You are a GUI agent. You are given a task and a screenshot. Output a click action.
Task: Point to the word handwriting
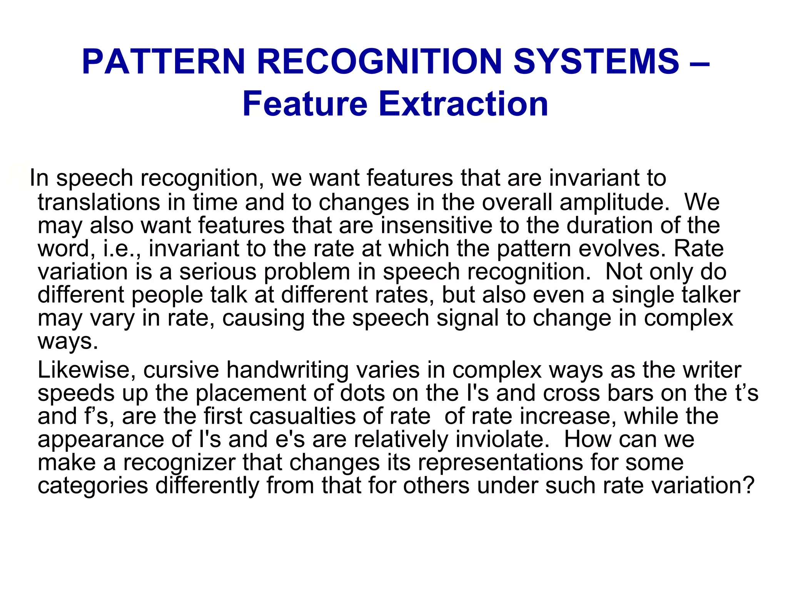click(x=287, y=370)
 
